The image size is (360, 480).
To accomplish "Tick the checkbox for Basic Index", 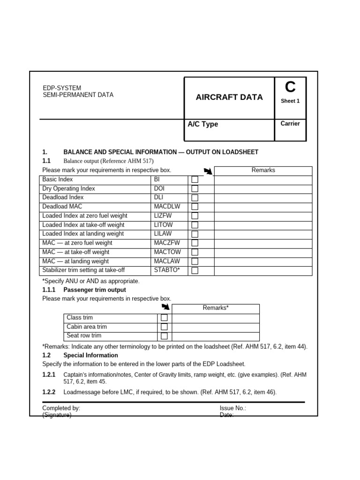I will pyautogui.click(x=195, y=180).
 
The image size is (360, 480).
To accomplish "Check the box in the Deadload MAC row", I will pyautogui.click(x=195, y=207).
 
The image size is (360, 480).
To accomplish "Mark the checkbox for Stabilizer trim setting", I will pyautogui.click(x=195, y=270).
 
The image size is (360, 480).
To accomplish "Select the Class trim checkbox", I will pyautogui.click(x=164, y=318).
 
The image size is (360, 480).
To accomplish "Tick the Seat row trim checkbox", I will pyautogui.click(x=164, y=336).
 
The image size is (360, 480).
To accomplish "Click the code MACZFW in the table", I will pyautogui.click(x=167, y=243).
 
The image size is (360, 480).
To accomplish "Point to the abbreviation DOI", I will pyautogui.click(x=159, y=188).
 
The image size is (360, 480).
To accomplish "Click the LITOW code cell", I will pyautogui.click(x=164, y=225).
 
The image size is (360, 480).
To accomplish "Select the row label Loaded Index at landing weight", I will pyautogui.click(x=83, y=234).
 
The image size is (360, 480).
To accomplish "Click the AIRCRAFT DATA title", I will pyautogui.click(x=229, y=97).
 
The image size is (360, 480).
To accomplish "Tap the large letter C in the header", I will pyautogui.click(x=290, y=87).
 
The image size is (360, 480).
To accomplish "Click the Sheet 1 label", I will pyautogui.click(x=290, y=101).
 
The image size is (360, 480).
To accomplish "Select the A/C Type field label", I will pyautogui.click(x=203, y=124).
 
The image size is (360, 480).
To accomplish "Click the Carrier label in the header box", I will pyautogui.click(x=290, y=124).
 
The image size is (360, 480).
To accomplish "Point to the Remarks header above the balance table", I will pyautogui.click(x=263, y=171).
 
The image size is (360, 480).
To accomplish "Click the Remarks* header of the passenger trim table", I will pyautogui.click(x=216, y=308).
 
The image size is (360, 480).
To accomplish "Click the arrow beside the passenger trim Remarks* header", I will pyautogui.click(x=165, y=307).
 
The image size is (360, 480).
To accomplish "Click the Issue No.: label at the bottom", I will pyautogui.click(x=233, y=408).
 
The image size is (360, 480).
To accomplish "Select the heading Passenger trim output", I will pyautogui.click(x=95, y=290).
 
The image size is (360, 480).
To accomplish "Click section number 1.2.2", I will pyautogui.click(x=49, y=392).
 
